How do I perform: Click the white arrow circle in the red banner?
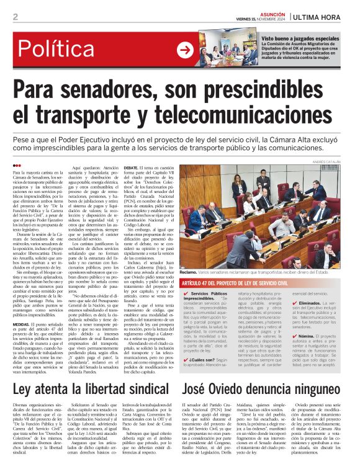coord(184,50)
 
